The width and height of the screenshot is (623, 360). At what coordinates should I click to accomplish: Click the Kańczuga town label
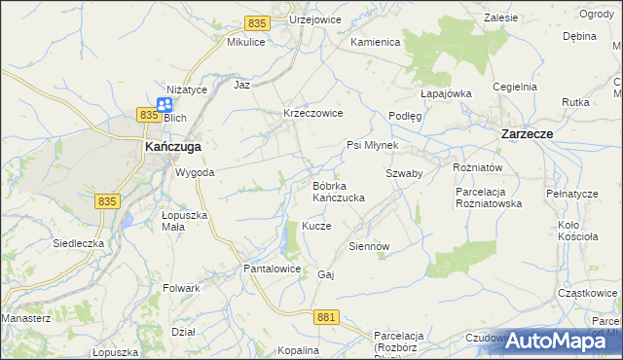pyautogui.click(x=173, y=146)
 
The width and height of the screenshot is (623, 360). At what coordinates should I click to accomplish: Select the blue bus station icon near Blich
pyautogui.click(x=165, y=103)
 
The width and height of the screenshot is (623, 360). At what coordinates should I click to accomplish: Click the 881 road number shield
pyautogui.click(x=327, y=317)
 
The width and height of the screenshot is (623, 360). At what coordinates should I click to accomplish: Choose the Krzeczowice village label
pyautogui.click(x=312, y=113)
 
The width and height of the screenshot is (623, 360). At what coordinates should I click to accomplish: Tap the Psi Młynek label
pyautogui.click(x=373, y=145)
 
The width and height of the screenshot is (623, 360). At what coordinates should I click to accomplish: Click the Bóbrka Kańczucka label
pyautogui.click(x=338, y=191)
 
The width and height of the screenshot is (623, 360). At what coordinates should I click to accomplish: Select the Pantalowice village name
pyautogui.click(x=272, y=268)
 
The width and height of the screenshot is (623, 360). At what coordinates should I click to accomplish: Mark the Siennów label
pyautogui.click(x=369, y=246)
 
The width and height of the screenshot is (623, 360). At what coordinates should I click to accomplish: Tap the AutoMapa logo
pyautogui.click(x=561, y=341)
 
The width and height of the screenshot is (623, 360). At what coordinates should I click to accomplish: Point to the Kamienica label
pyautogui.click(x=376, y=43)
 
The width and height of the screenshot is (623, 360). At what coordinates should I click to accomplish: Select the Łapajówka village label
pyautogui.click(x=446, y=93)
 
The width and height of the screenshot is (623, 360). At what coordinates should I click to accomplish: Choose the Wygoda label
pyautogui.click(x=195, y=172)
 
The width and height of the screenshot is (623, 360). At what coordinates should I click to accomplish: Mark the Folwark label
pyautogui.click(x=182, y=288)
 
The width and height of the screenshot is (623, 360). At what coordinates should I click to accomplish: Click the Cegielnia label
pyautogui.click(x=515, y=86)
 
